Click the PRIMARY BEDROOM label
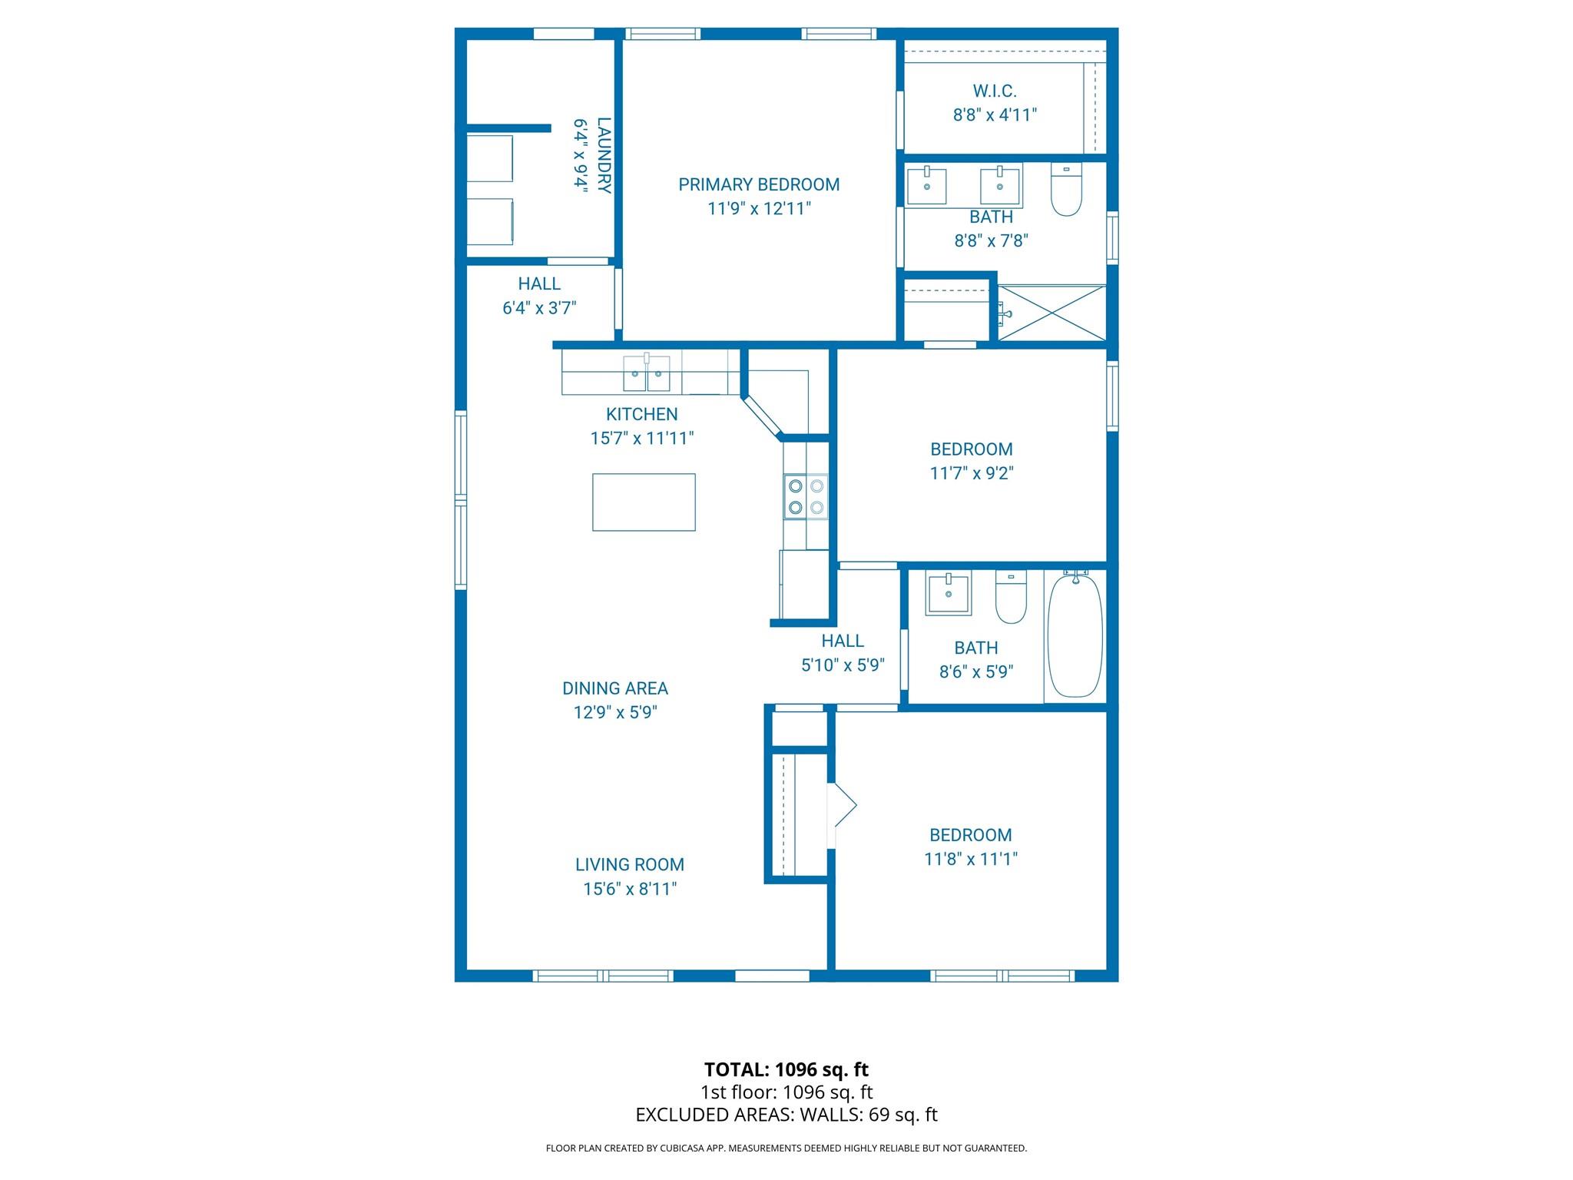(758, 184)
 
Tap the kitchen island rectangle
(644, 502)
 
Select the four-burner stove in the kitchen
(806, 496)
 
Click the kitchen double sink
(646, 374)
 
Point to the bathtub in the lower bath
(1075, 636)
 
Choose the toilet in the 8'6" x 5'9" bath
(1011, 598)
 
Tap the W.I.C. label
(995, 91)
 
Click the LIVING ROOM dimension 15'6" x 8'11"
(630, 889)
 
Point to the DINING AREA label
(615, 688)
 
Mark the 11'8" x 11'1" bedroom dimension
(971, 859)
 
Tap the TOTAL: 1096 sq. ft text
(786, 1069)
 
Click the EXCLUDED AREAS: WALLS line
(786, 1115)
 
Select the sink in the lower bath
(948, 593)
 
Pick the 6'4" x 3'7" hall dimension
(539, 308)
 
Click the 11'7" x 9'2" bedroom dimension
(972, 473)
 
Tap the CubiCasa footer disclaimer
(786, 1149)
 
